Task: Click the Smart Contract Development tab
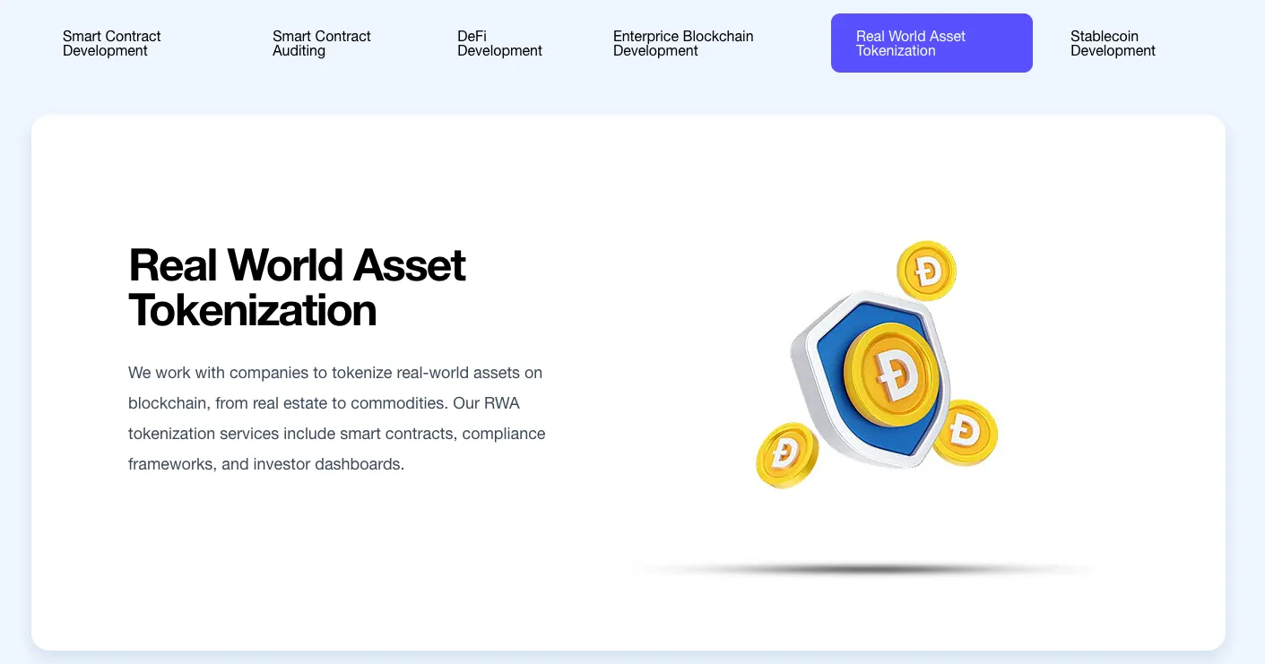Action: [112, 44]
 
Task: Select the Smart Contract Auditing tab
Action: [321, 44]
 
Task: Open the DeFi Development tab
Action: [499, 44]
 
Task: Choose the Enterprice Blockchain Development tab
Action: [683, 44]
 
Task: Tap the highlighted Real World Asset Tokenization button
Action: [931, 43]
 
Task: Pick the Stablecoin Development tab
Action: [1113, 44]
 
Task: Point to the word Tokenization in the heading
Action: [253, 310]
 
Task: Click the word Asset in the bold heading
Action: [409, 265]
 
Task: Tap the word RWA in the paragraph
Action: [501, 403]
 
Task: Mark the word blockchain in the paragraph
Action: [169, 403]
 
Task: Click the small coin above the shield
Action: [927, 271]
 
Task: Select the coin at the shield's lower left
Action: [787, 455]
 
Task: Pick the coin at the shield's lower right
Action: [966, 433]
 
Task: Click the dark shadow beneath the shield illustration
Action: [864, 569]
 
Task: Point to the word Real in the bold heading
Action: [173, 265]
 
